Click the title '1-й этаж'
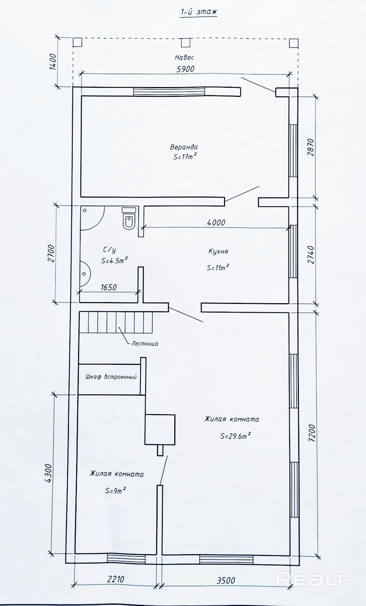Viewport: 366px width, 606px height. pyautogui.click(x=199, y=12)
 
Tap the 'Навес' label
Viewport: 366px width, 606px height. pyautogui.click(x=185, y=58)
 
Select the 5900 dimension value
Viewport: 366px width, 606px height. pyautogui.click(x=185, y=69)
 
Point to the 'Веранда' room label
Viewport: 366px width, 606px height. pyautogui.click(x=184, y=147)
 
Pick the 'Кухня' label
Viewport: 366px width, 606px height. pyautogui.click(x=218, y=251)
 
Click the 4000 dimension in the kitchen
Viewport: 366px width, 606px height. pyautogui.click(x=216, y=223)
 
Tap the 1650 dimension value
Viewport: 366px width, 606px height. pyautogui.click(x=109, y=287)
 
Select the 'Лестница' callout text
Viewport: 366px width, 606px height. pyautogui.click(x=145, y=344)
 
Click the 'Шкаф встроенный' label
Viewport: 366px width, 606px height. pyautogui.click(x=111, y=377)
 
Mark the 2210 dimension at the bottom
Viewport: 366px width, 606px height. pyautogui.click(x=116, y=580)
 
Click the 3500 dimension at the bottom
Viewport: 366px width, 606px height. pyautogui.click(x=226, y=580)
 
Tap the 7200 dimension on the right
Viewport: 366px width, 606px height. pyautogui.click(x=313, y=433)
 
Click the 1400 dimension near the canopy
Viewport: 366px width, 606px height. pyautogui.click(x=53, y=62)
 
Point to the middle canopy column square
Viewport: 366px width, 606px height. pyautogui.click(x=185, y=42)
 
